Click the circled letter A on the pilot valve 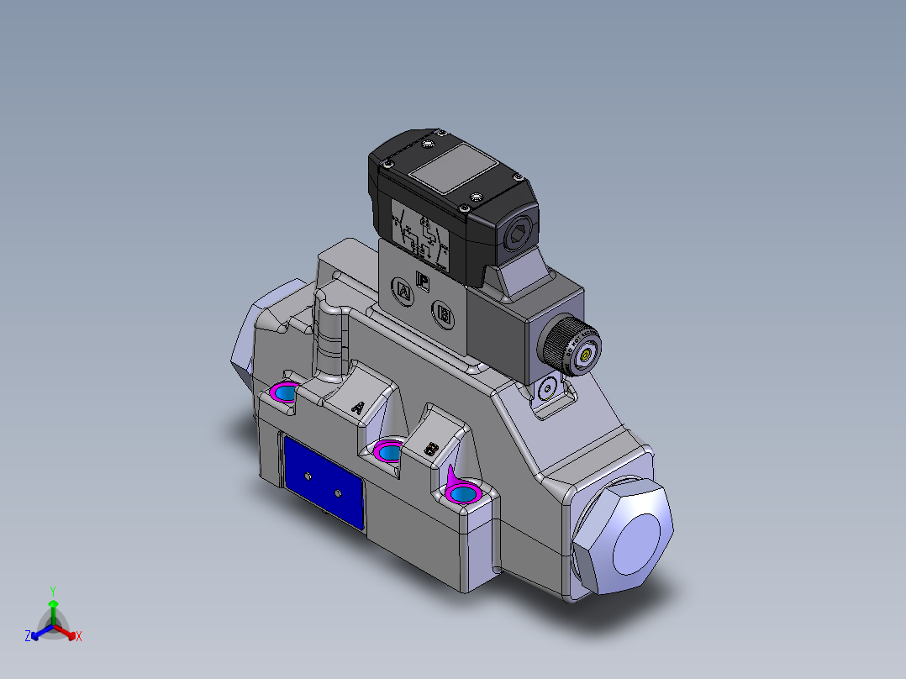click(403, 292)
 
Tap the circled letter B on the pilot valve click(443, 315)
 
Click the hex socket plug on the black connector click(519, 234)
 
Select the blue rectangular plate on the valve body click(324, 484)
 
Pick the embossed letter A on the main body click(357, 408)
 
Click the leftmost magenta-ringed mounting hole click(285, 392)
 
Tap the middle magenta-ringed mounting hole click(389, 453)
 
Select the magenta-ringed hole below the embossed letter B click(463, 492)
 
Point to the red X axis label click(79, 636)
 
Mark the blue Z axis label click(28, 636)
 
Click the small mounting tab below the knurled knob click(548, 391)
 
